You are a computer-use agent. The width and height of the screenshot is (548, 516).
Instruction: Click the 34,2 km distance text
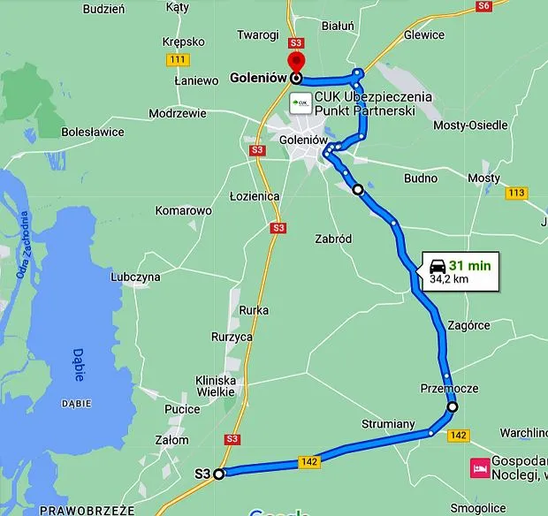coord(449,279)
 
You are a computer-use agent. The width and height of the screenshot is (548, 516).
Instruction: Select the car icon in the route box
coord(437,265)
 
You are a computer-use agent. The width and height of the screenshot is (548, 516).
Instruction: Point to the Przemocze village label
coord(450,389)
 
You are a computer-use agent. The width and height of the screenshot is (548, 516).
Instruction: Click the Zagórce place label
coord(469,325)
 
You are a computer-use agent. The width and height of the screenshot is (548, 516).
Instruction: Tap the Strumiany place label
coord(388,424)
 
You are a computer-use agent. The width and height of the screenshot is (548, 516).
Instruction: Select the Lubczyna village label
coord(135,277)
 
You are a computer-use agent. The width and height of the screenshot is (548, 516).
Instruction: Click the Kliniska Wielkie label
coord(215,385)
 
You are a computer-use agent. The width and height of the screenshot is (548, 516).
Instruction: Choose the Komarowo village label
coord(184,211)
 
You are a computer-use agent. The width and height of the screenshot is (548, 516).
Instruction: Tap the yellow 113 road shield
coord(517,193)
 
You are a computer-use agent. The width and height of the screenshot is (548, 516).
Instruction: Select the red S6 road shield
coord(483,5)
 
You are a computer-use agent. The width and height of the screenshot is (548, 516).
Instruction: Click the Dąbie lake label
coord(80,363)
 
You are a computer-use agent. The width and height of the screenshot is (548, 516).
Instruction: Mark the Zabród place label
coord(333,239)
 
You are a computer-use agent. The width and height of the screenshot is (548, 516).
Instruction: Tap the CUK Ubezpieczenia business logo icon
coord(301,102)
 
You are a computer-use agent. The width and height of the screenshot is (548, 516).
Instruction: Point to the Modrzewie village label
coord(178,114)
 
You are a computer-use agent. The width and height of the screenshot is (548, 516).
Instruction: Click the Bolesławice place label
coord(93,132)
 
